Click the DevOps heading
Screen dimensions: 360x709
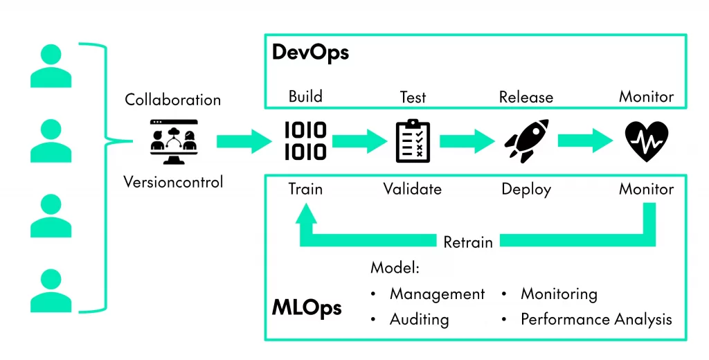(310, 53)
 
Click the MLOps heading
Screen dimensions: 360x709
(307, 307)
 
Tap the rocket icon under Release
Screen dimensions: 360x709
(526, 141)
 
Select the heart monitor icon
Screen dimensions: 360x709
(646, 141)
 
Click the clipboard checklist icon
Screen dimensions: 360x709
(413, 141)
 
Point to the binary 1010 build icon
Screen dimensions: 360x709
(305, 141)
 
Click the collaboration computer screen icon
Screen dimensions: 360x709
(173, 141)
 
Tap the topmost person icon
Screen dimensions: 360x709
(51, 66)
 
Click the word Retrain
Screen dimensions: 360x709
(468, 242)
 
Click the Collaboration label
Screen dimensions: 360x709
(173, 100)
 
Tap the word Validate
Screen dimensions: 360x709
(413, 189)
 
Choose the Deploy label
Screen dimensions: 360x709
(526, 189)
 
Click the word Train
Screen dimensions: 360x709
(305, 189)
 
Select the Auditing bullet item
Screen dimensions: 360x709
(419, 319)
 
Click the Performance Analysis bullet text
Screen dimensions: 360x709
(596, 319)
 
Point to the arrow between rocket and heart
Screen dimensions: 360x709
(585, 141)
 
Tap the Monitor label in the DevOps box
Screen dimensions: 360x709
(646, 97)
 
